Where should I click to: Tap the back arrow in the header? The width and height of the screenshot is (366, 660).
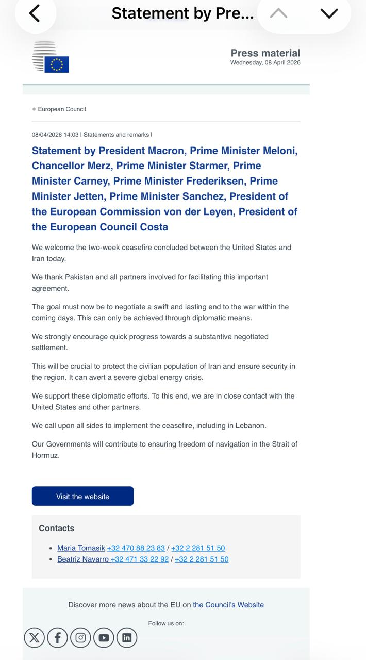(35, 13)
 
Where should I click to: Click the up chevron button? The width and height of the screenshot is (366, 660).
(278, 13)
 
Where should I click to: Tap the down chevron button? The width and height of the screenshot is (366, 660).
(329, 13)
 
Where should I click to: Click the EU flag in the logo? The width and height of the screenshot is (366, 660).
(57, 64)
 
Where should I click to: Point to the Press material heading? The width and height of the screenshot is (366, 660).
(265, 53)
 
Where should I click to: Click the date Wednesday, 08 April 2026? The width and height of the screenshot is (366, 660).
(265, 63)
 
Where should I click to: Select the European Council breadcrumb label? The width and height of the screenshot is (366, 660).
(62, 109)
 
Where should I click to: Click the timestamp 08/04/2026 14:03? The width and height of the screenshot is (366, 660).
(55, 135)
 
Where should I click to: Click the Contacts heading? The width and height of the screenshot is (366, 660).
(57, 528)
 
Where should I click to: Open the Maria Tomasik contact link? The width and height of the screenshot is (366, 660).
(81, 548)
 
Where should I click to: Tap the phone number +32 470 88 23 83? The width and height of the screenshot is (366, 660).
(136, 548)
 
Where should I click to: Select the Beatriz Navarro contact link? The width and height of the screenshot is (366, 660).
(83, 559)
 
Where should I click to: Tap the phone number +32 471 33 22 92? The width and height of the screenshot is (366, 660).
(140, 559)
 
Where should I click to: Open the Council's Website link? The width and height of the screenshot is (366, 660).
(228, 605)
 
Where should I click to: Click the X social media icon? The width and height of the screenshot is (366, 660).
(35, 638)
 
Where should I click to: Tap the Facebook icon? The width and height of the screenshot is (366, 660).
(58, 638)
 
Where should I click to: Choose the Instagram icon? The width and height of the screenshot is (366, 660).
(80, 638)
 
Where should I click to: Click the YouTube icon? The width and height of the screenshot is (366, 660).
(104, 638)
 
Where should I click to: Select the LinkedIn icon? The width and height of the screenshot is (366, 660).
(127, 638)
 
